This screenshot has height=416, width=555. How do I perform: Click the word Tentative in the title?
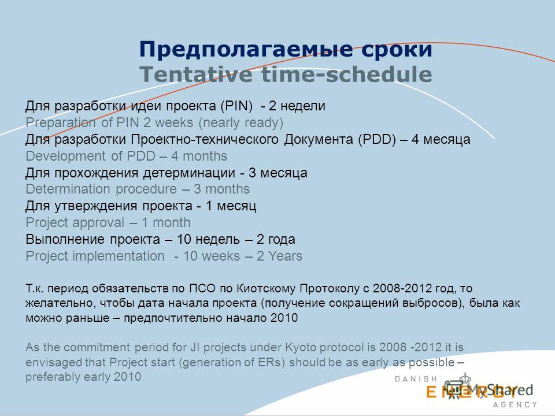(196, 75)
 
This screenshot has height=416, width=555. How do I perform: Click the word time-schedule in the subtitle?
(347, 75)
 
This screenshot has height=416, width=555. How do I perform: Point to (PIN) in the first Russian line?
(237, 106)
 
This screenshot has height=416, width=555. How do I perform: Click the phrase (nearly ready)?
(240, 122)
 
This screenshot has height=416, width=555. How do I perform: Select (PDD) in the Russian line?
(377, 139)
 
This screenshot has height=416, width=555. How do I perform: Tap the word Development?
(66, 156)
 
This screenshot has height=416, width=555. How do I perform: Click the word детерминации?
(190, 173)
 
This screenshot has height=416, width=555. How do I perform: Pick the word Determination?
(68, 189)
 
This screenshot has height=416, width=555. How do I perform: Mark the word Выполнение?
(65, 239)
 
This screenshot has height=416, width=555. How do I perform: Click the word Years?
(285, 256)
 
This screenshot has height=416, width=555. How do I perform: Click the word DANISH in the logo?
(416, 379)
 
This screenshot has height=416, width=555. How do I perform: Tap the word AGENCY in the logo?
(515, 404)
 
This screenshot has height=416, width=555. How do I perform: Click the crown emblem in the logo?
(465, 378)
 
